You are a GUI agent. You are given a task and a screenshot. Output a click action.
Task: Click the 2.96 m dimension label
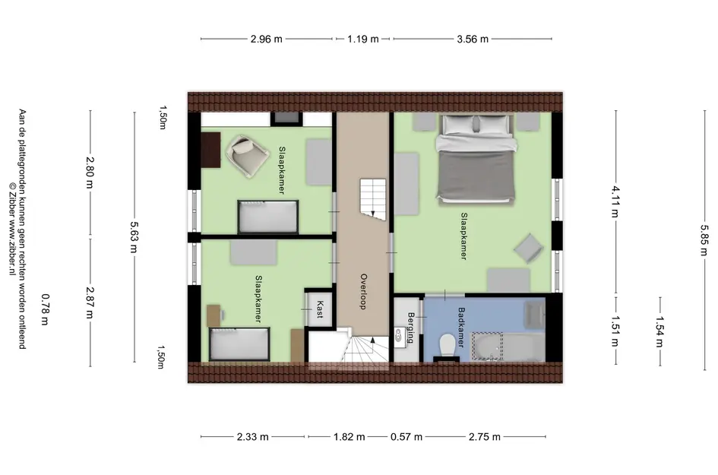point(266,40)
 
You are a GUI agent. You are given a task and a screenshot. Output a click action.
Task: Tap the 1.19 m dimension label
point(362,40)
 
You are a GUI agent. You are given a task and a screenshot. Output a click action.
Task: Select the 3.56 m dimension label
point(473,40)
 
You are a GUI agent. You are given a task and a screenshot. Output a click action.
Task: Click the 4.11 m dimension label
point(615,201)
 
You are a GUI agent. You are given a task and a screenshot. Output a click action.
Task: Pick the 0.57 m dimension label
point(406,437)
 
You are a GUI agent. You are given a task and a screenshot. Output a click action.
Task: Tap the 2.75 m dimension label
point(485,437)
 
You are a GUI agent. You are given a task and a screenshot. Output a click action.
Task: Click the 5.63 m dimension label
point(134,237)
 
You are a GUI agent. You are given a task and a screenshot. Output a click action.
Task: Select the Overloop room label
point(364,291)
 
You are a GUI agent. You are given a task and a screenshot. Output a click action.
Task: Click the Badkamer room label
point(461,327)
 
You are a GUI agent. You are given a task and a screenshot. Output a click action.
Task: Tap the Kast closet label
point(320,309)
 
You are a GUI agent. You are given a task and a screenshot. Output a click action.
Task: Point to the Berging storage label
point(411,328)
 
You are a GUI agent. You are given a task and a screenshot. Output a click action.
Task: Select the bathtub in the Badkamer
point(508,347)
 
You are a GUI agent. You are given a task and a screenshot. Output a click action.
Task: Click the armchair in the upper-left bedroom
point(248,156)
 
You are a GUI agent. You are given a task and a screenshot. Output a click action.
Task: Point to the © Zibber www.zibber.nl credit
point(12,229)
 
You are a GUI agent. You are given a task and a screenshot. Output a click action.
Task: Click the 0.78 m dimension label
point(45,309)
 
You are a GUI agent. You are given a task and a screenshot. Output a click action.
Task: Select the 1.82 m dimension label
point(349,437)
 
